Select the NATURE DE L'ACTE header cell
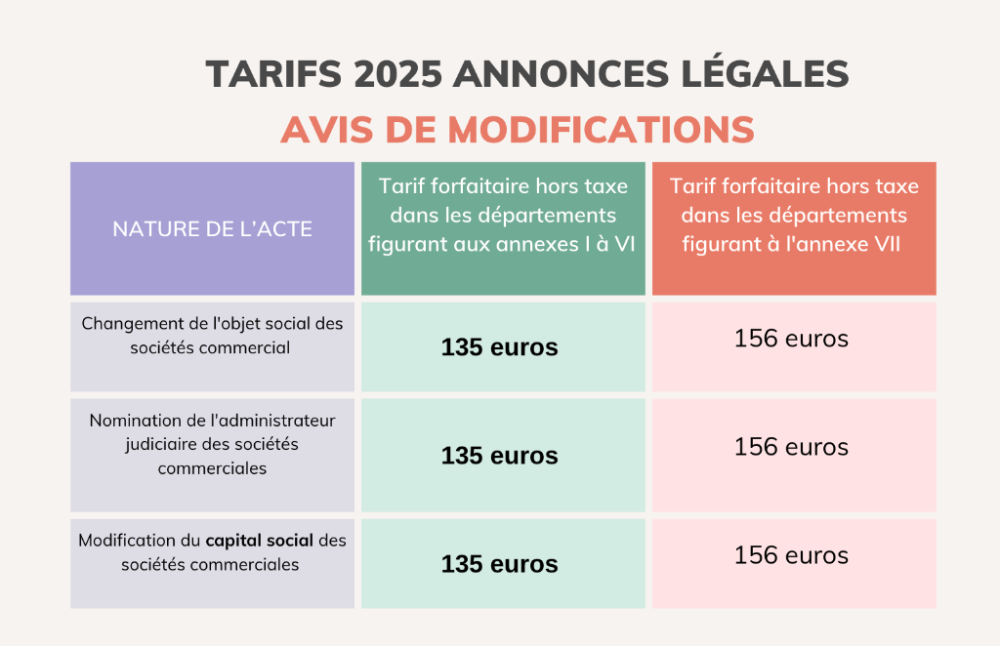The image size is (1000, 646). tap(212, 229)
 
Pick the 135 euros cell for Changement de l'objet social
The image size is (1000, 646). tap(499, 346)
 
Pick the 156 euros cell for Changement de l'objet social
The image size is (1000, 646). tap(791, 339)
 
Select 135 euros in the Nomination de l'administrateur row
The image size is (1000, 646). tap(499, 455)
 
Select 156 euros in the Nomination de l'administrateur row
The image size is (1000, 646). tap(791, 447)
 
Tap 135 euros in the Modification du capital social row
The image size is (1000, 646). tap(499, 563)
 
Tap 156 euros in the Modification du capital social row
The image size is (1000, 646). tap(791, 555)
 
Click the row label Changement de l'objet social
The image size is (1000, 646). tap(212, 335)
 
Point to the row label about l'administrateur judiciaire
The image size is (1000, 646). tap(212, 444)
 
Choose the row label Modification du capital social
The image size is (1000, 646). tap(212, 551)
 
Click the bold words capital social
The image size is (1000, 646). tap(259, 540)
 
